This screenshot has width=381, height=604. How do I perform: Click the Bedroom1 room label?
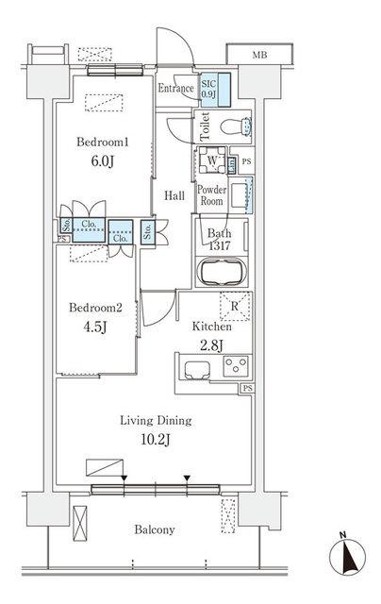(103, 142)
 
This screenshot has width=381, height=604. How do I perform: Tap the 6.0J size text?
(103, 161)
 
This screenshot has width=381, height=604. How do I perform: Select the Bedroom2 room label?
(95, 308)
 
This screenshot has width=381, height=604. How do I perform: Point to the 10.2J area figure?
(156, 440)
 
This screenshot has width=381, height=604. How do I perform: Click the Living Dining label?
(156, 420)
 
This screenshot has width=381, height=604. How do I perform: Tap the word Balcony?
(155, 529)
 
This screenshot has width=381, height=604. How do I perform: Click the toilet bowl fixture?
(236, 126)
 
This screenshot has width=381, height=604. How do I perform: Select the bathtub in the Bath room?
(222, 271)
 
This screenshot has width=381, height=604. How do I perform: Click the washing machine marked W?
(212, 159)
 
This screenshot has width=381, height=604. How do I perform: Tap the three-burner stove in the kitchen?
(236, 365)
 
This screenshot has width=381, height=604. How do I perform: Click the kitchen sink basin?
(197, 370)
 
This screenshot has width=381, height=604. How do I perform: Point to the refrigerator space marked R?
(235, 307)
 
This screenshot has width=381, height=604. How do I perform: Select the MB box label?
(259, 55)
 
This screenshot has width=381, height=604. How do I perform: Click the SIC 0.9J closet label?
(209, 89)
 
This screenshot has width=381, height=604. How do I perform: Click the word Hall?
(174, 195)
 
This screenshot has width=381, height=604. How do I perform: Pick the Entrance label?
(175, 88)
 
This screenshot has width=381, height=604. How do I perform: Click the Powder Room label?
(211, 195)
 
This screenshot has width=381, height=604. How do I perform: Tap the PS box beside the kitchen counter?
(248, 388)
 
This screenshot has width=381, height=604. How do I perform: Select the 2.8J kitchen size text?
(211, 345)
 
